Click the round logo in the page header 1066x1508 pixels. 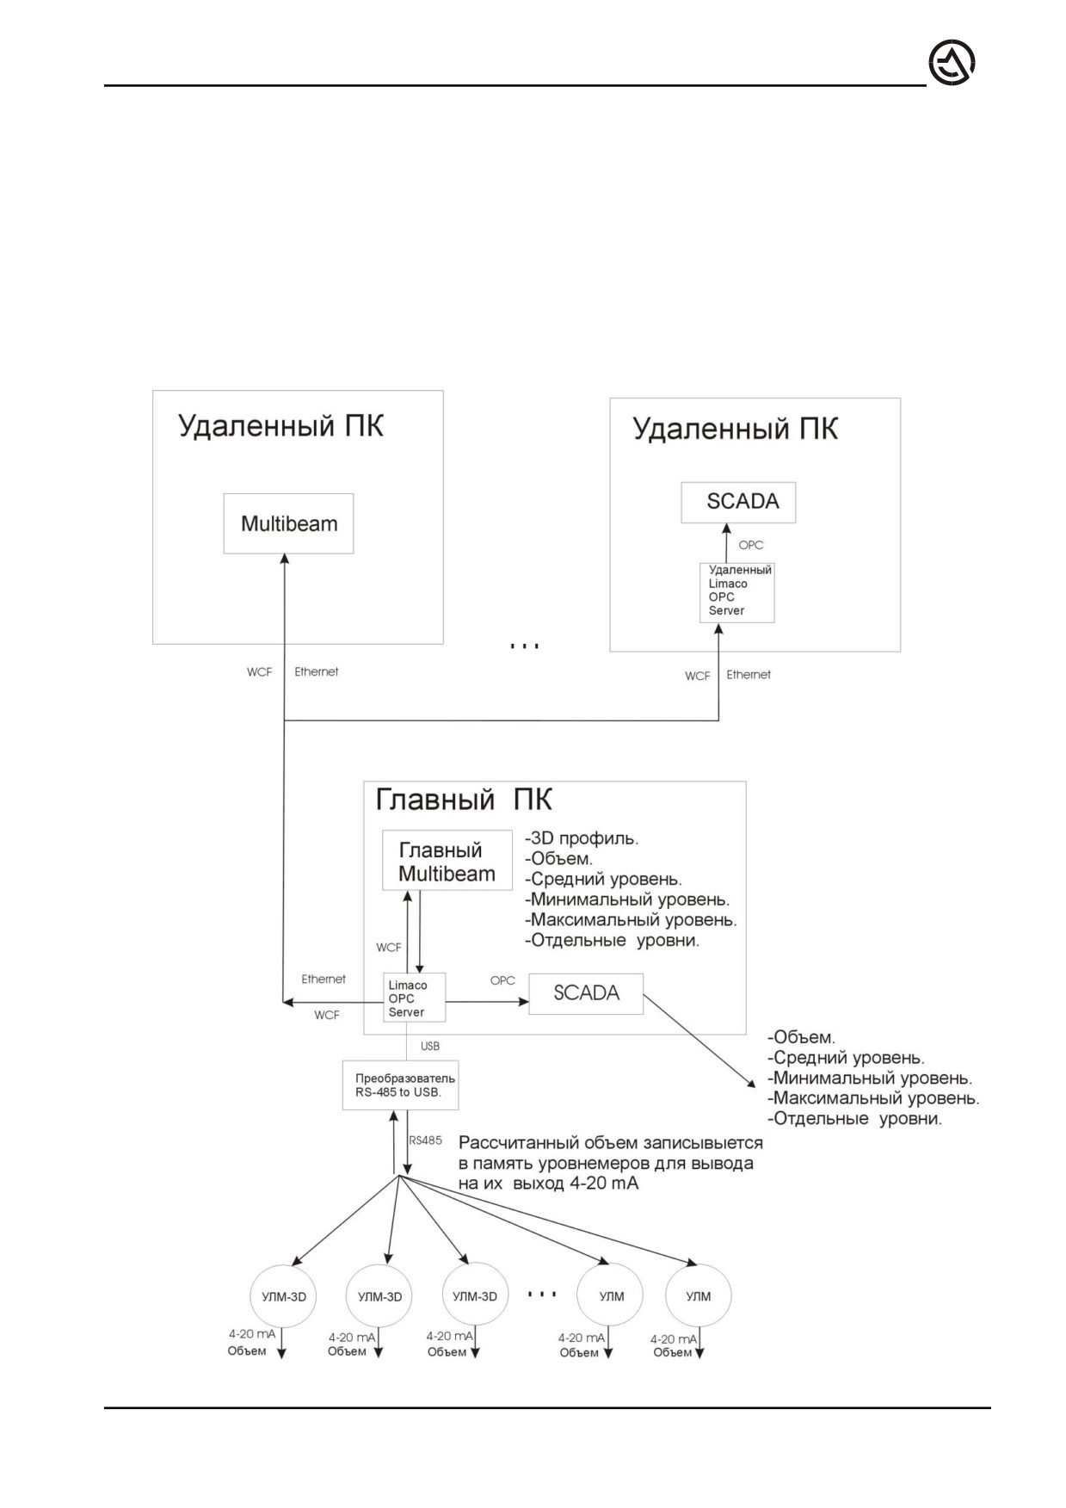(952, 65)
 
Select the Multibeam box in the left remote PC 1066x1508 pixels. (288, 523)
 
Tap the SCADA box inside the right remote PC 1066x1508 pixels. (738, 502)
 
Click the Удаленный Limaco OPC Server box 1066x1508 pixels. (736, 591)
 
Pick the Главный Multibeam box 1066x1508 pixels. (447, 862)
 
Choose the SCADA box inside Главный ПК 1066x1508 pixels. (586, 993)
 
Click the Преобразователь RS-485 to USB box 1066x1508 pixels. (400, 1085)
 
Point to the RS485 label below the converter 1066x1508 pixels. (425, 1140)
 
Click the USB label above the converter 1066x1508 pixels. (430, 1046)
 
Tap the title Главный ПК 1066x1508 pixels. (464, 800)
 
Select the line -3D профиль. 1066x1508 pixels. (582, 838)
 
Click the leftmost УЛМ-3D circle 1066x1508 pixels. (284, 1296)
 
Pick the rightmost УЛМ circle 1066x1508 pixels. (699, 1296)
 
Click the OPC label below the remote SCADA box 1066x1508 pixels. (751, 545)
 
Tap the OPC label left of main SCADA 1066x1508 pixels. (502, 980)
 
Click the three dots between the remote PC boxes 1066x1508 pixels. (524, 646)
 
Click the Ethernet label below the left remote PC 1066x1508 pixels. (317, 671)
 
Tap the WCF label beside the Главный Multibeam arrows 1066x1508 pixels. (389, 948)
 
